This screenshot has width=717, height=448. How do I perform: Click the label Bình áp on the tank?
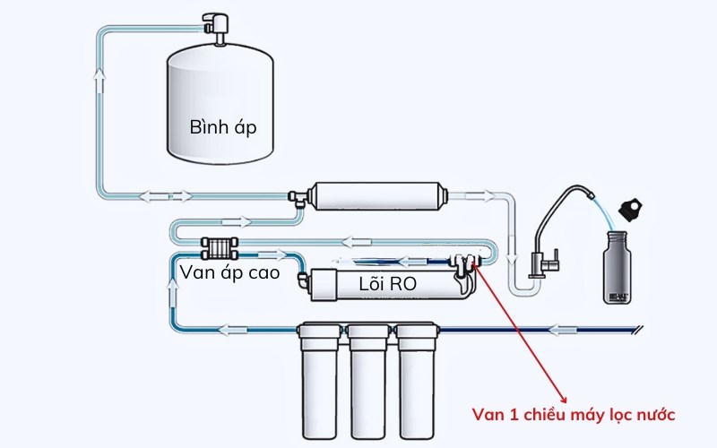[x=223, y=127]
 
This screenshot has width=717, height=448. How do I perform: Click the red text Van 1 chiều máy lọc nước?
[x=573, y=414]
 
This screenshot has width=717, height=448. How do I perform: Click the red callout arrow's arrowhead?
[x=564, y=398]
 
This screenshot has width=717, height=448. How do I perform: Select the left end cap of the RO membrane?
[x=314, y=285]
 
